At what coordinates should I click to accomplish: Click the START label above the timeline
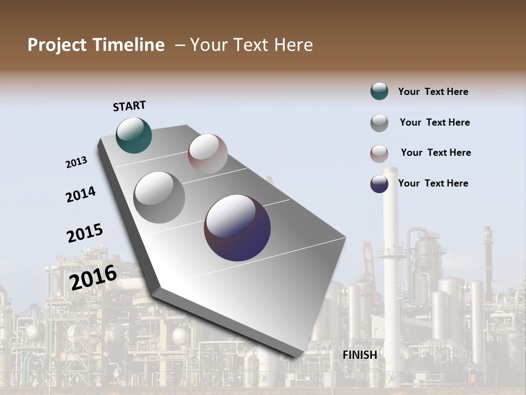[x=129, y=106]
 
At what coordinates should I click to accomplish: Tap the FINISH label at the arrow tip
[x=360, y=355]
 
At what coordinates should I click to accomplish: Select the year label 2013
[x=77, y=162]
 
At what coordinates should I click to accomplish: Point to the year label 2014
[x=81, y=194]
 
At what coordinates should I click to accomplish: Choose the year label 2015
[x=85, y=233]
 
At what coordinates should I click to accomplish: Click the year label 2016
[x=94, y=277]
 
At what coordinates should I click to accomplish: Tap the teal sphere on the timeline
[x=134, y=136]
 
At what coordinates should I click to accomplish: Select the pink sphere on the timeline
[x=208, y=154]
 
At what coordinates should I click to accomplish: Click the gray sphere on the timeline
[x=159, y=198]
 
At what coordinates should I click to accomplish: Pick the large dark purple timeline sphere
[x=237, y=228]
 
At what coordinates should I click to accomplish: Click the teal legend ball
[x=379, y=92]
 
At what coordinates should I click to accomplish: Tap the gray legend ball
[x=379, y=123]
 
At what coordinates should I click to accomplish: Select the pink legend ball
[x=379, y=154]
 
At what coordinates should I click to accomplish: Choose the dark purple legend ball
[x=379, y=184]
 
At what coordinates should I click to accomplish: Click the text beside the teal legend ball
[x=433, y=92]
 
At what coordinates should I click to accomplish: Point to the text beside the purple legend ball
[x=433, y=183]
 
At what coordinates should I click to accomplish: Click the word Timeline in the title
[x=129, y=45]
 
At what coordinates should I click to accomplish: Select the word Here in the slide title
[x=293, y=45]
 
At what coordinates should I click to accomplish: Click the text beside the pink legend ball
[x=436, y=153]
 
